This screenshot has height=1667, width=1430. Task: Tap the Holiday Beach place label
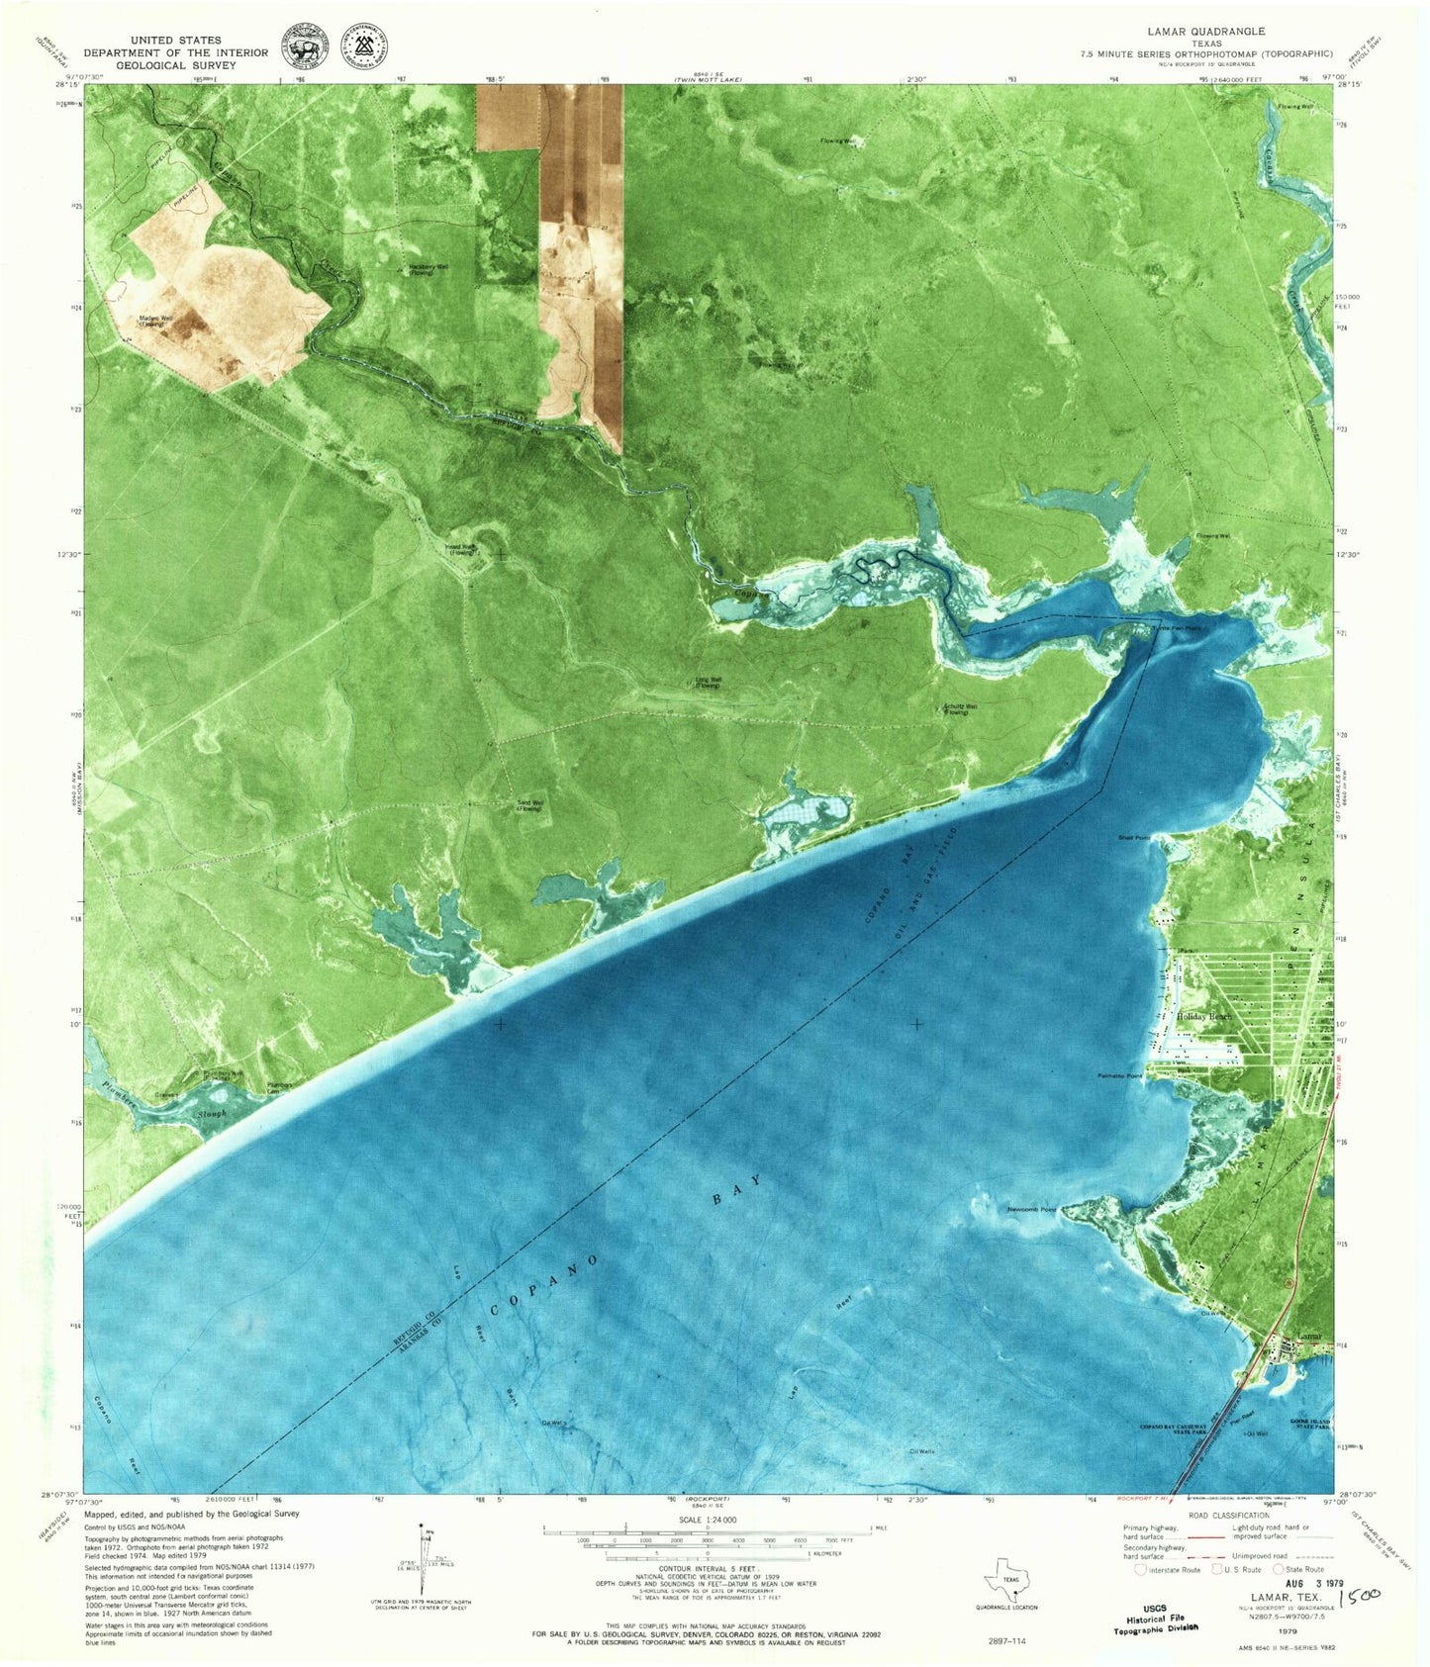click(x=1203, y=1017)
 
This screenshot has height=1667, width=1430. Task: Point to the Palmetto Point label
click(x=1120, y=1075)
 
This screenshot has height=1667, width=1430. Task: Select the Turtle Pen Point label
click(x=1177, y=628)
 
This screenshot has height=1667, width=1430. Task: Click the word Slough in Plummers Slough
click(x=211, y=1114)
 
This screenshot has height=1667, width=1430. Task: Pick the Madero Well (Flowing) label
click(x=152, y=321)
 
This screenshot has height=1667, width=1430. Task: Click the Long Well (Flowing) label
click(x=708, y=682)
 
